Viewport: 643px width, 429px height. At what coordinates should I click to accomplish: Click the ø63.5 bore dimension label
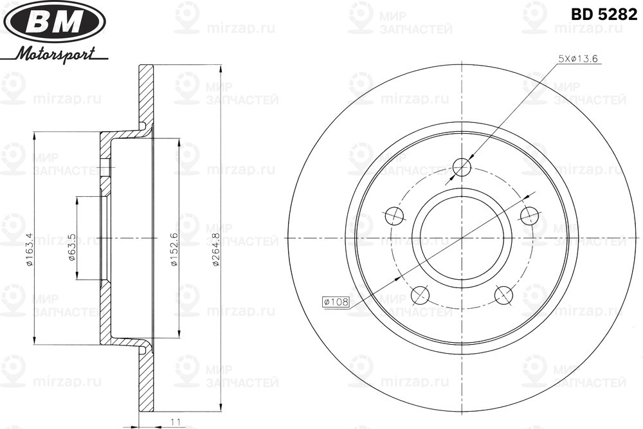[72, 248]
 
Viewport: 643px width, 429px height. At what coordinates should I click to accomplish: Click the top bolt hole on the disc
[462, 167]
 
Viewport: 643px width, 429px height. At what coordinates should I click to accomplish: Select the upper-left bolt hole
[394, 215]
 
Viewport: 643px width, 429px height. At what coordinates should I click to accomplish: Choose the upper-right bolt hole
[529, 215]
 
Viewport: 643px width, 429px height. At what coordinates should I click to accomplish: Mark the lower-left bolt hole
[420, 295]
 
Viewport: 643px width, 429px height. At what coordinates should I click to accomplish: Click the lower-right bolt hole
[503, 295]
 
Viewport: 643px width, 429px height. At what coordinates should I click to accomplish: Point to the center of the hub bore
[462, 238]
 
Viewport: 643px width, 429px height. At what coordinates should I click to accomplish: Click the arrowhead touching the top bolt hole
[471, 157]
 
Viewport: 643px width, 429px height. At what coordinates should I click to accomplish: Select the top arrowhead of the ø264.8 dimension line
[221, 69]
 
